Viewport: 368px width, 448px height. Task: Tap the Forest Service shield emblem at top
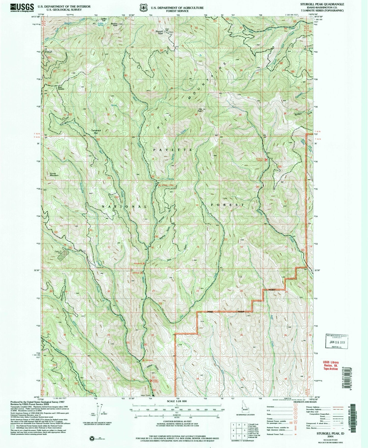click(143, 8)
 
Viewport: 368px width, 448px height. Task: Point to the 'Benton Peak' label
click(114, 25)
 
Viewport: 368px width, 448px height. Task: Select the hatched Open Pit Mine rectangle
click(63, 254)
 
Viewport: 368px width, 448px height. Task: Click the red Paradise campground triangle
click(144, 264)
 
